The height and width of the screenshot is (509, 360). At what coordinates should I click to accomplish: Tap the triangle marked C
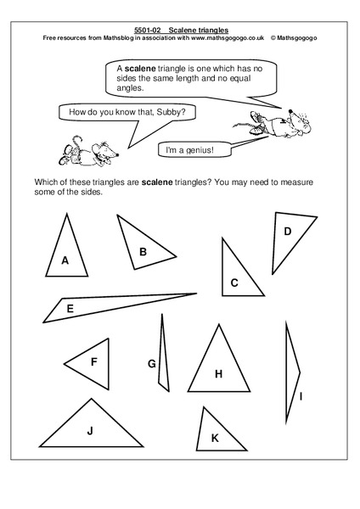click(235, 276)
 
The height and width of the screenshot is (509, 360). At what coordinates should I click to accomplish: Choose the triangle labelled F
click(92, 363)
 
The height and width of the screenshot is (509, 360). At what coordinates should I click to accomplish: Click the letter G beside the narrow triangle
click(152, 364)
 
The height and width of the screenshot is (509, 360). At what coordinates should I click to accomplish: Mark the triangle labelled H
click(218, 369)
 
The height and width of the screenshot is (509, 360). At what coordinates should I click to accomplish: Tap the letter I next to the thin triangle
click(301, 396)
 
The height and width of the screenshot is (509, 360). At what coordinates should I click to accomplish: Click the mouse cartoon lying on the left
click(83, 151)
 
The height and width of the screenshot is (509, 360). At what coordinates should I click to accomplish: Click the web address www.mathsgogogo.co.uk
click(227, 38)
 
